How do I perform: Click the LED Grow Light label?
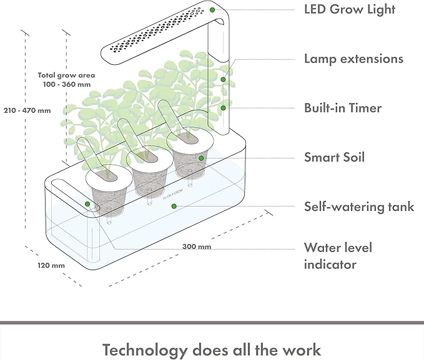(350, 9)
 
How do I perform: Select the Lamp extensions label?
(353, 59)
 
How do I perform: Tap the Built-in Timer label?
(343, 108)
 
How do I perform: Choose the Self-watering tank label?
(359, 207)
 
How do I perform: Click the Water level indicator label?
(338, 256)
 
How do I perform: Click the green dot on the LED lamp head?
(213, 9)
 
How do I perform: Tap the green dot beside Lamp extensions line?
(223, 79)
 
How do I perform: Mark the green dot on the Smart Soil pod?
(202, 158)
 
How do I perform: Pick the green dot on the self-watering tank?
(174, 206)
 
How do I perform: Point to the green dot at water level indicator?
(88, 203)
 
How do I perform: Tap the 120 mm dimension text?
(51, 265)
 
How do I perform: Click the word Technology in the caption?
(143, 349)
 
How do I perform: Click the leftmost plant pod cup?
(107, 190)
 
